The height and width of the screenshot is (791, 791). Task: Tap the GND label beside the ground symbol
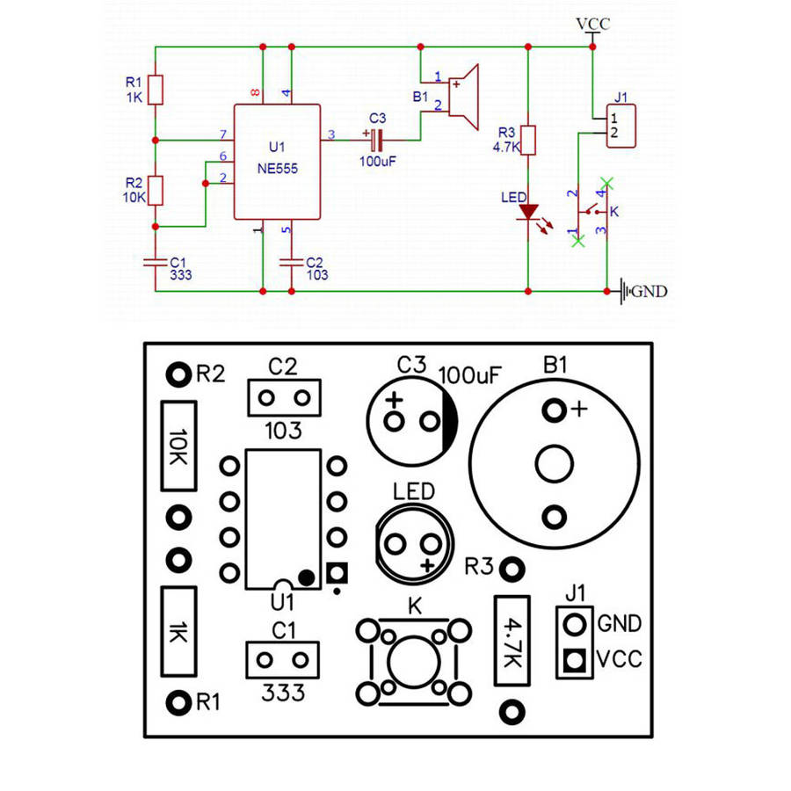point(650,291)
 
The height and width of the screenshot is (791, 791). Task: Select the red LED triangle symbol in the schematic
point(527,212)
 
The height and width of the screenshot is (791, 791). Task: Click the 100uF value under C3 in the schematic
point(378,161)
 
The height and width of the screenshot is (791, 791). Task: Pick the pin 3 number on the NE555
point(331,134)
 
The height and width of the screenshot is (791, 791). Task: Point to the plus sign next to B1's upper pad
point(579,410)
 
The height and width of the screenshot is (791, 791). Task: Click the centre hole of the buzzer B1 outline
point(555,462)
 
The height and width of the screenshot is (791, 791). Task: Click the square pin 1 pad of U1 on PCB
point(337,573)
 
